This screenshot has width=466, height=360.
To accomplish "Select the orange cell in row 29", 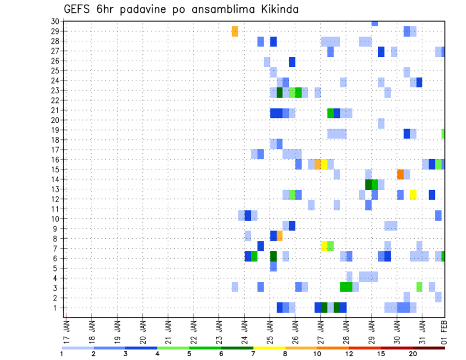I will [235, 31].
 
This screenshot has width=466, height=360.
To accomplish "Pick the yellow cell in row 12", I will [413, 195].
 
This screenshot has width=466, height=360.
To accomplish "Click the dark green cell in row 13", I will [368, 184].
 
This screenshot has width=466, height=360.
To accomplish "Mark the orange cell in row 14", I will [400, 174].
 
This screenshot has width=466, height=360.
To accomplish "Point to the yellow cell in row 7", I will [324, 246].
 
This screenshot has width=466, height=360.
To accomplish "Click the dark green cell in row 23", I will [280, 92].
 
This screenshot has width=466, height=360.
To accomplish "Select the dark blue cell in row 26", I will [292, 62].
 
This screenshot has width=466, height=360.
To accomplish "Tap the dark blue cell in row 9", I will [292, 226].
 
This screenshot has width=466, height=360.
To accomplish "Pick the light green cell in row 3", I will [419, 287].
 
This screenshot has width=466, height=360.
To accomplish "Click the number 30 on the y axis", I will [55, 21].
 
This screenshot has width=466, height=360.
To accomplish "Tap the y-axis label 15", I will [55, 169].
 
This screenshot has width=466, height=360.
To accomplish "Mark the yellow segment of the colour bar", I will [270, 348].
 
